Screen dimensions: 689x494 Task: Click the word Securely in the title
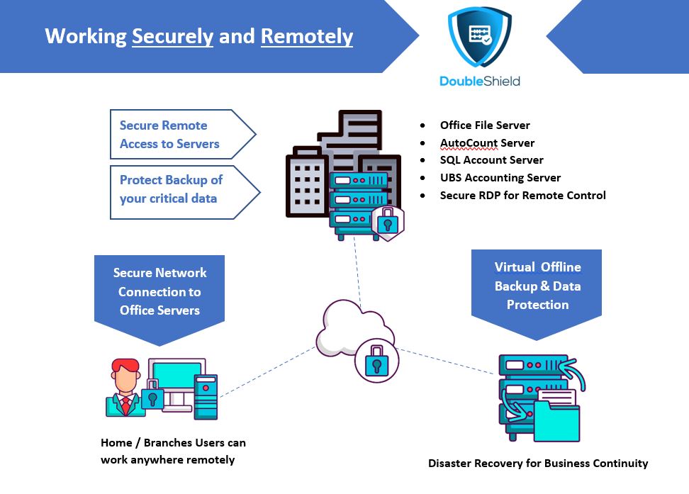[173, 36]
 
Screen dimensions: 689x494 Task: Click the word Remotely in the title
[307, 36]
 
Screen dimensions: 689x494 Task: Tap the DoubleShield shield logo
[480, 37]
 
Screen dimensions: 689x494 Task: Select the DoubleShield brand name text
[480, 82]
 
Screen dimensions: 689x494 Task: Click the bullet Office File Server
[485, 125]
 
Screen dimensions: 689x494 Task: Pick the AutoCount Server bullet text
[487, 143]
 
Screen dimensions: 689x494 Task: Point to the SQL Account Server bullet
[492, 160]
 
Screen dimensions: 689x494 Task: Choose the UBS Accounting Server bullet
[500, 178]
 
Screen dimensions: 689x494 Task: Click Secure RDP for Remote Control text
[523, 195]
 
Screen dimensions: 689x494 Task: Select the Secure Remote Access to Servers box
[182, 134]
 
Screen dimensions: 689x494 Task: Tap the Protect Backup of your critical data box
[184, 192]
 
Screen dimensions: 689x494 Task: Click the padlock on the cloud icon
[376, 360]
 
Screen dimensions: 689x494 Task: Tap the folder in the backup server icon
[556, 420]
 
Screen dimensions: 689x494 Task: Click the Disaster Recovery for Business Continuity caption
[538, 464]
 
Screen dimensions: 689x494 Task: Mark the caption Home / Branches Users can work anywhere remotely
[173, 451]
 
